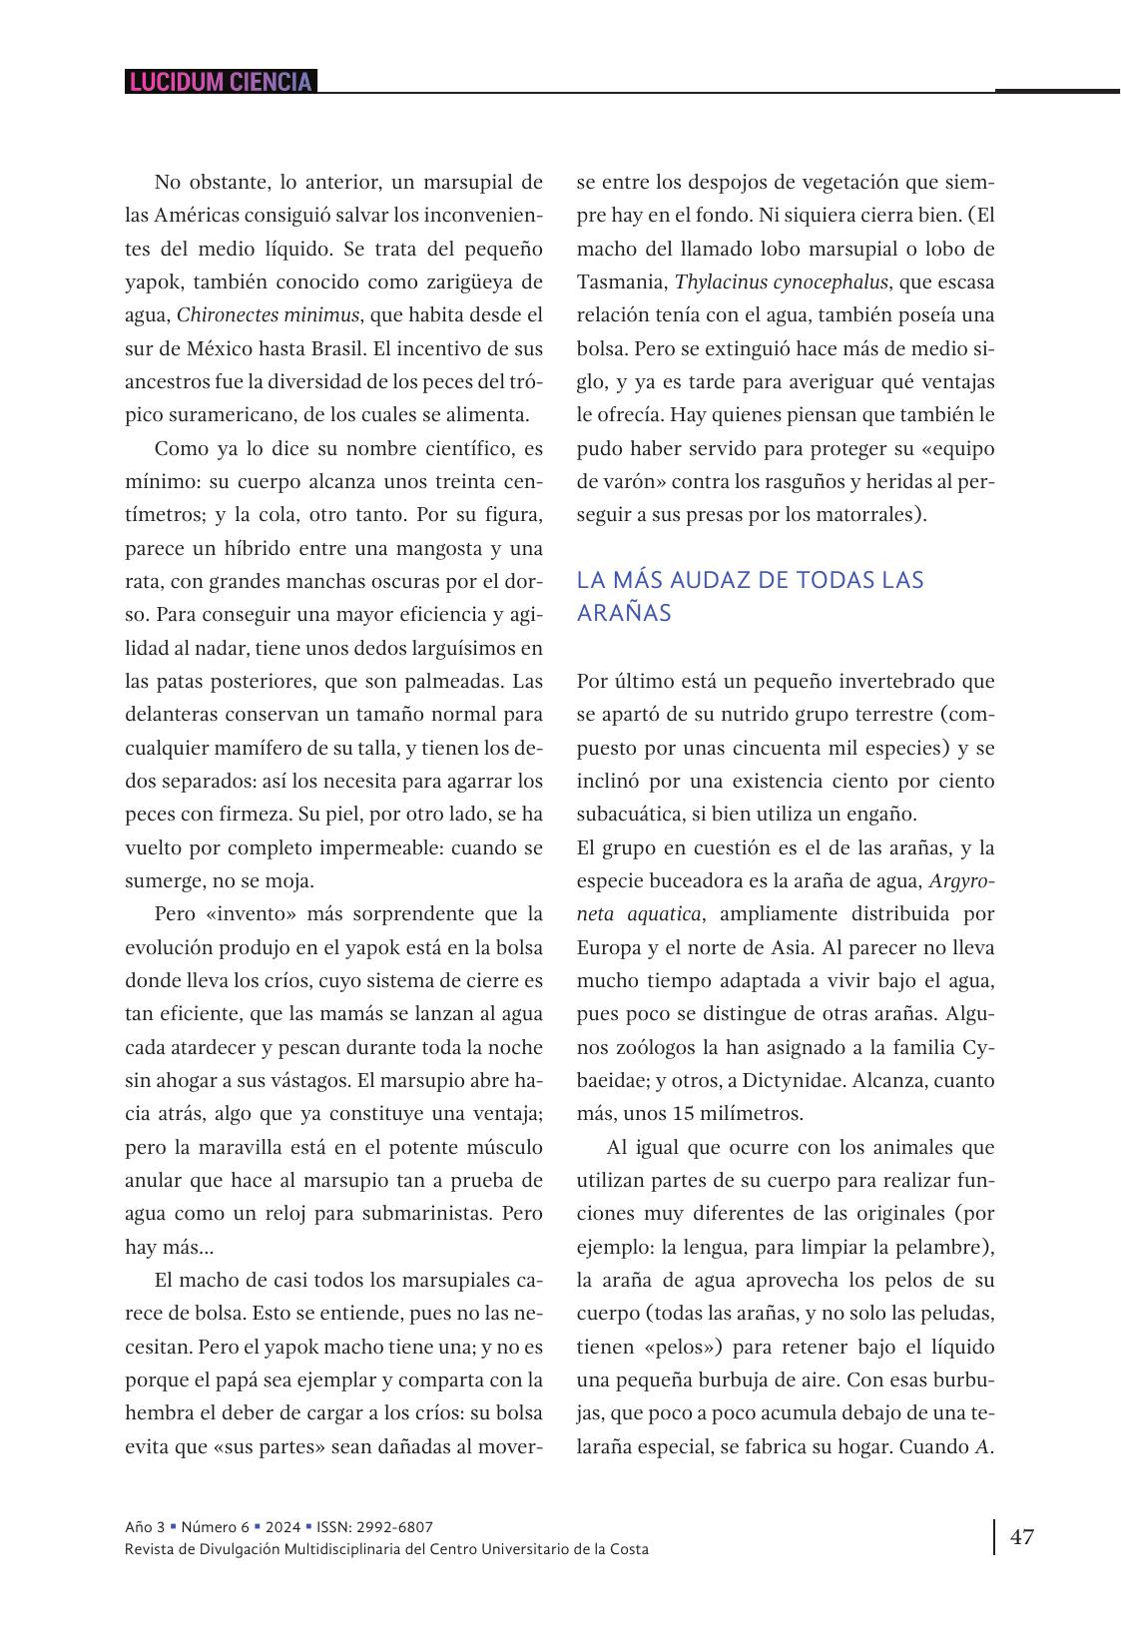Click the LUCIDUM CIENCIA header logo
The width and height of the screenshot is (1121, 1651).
(221, 82)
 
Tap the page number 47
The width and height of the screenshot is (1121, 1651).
(1022, 1536)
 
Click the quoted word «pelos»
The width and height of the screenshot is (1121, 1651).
(684, 1347)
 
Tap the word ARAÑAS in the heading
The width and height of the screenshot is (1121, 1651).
(624, 613)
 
